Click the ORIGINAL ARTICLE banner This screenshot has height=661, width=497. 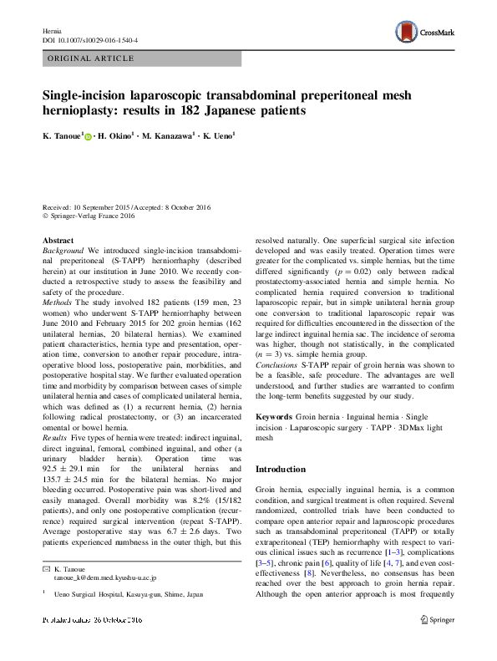(93, 58)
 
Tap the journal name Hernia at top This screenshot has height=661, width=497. (52, 30)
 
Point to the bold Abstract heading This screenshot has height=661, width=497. (57, 240)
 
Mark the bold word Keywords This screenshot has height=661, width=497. (274, 415)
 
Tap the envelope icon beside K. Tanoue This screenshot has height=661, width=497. (47, 568)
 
